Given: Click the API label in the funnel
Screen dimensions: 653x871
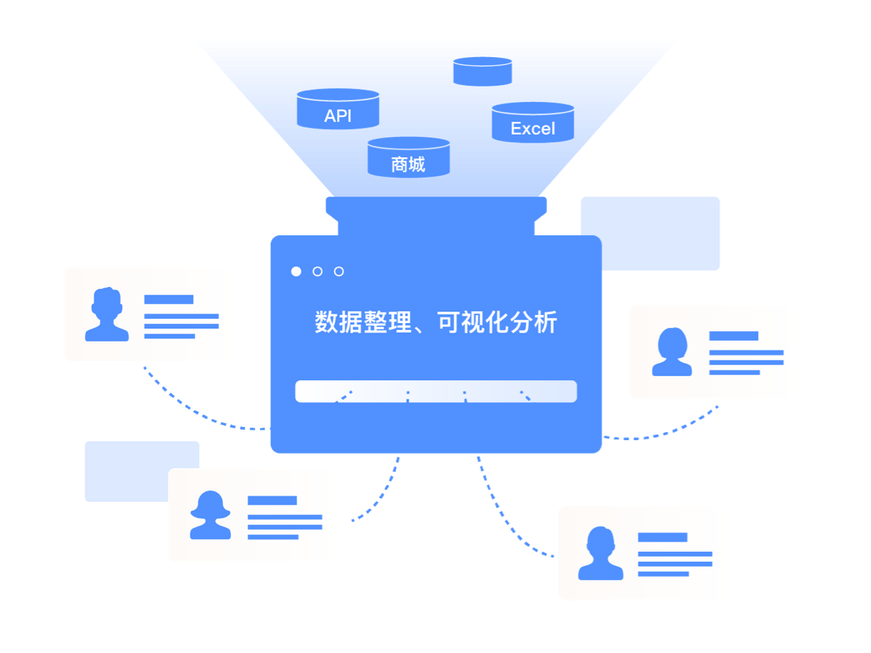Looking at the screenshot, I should pos(338,116).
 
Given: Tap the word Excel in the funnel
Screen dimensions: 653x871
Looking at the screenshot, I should pos(533,129).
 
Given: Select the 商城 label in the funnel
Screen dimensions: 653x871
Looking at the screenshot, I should pos(408,165).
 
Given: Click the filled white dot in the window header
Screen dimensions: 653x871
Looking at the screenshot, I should pos(296,271).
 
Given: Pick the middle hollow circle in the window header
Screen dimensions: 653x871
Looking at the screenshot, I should pos(317,271).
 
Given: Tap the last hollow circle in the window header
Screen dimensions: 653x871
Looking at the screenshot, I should pos(339,271).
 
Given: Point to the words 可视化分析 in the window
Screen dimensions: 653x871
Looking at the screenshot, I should pos(497,322).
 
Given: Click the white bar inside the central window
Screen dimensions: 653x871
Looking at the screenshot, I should pos(435,391).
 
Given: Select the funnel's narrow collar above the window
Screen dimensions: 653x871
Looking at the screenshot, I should pos(435,207).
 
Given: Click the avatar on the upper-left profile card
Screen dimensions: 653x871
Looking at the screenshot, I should pos(107,314).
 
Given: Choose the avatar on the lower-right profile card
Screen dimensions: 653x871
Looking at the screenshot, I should pos(600,554).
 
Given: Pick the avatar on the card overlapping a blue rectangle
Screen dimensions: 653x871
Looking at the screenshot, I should pos(210,515).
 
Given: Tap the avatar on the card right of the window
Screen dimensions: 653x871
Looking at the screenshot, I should pos(672,352).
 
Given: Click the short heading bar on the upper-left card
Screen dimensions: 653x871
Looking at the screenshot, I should pos(169,299).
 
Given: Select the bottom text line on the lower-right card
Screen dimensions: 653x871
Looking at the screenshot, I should pos(663,574).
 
